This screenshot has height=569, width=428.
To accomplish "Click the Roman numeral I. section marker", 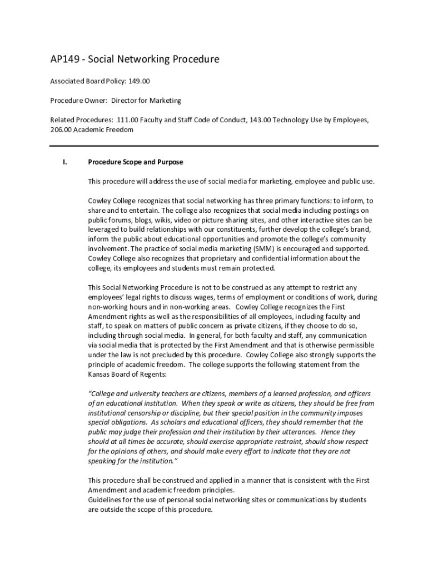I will click(x=64, y=162).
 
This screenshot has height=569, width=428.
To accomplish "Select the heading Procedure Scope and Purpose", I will click(x=136, y=162).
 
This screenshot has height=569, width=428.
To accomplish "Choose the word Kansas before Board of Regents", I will click(x=101, y=374).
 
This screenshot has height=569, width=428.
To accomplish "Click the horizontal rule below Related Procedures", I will click(x=214, y=146).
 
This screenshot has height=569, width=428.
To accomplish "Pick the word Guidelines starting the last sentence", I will click(x=106, y=500).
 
